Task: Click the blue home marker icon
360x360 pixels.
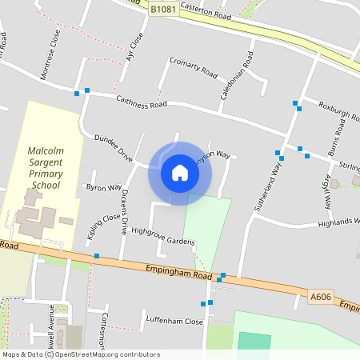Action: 180,172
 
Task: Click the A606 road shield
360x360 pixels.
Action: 320,297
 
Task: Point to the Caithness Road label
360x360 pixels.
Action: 141,102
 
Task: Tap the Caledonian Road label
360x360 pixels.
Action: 236,82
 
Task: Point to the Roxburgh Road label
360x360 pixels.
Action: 340,110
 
